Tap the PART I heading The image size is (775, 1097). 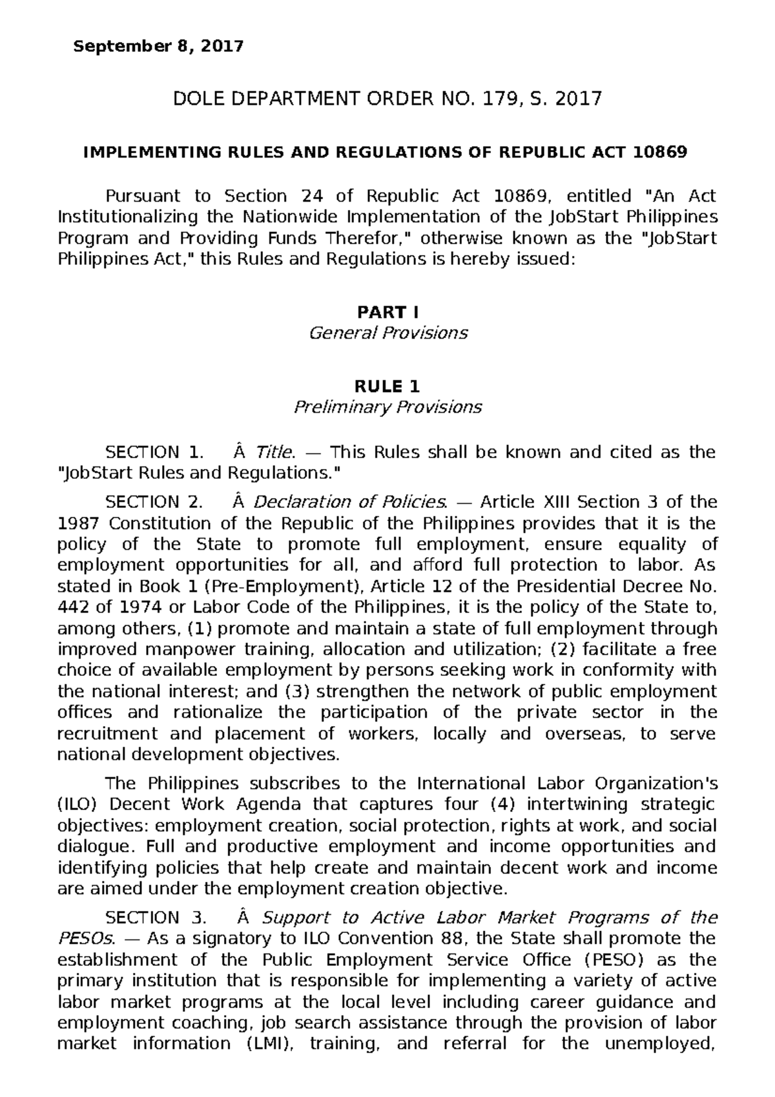point(387,313)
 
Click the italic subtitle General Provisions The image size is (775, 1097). point(387,333)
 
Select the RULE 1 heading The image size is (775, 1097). point(387,387)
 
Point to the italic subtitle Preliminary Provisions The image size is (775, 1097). point(387,408)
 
